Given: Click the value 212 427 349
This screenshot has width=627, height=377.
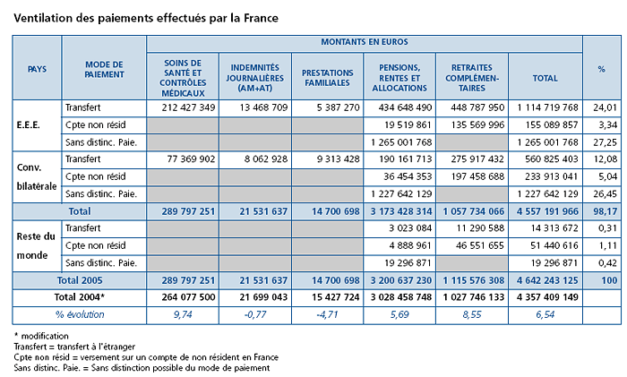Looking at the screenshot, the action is [x=188, y=107].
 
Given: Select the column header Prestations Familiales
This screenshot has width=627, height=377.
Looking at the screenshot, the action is [x=328, y=78].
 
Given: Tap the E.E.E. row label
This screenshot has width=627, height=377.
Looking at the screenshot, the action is [x=29, y=125].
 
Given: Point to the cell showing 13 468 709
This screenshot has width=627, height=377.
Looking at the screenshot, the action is [x=263, y=107].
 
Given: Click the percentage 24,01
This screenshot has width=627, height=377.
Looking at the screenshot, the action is [x=606, y=107].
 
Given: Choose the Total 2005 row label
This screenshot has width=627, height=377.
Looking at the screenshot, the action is [x=80, y=280].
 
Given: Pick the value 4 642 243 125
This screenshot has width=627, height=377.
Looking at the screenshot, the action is [x=547, y=280].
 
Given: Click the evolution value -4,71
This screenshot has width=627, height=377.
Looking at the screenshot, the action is [x=327, y=314].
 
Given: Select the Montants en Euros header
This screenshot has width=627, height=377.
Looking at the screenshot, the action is [x=365, y=42].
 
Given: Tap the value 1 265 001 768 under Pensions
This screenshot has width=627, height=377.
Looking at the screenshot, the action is [x=401, y=142].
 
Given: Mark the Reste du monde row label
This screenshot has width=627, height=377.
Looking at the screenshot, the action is [x=36, y=246].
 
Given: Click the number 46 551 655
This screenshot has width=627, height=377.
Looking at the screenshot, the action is [x=480, y=245].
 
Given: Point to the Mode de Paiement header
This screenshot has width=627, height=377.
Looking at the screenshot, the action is [x=105, y=70].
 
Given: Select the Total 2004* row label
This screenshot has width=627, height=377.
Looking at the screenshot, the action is [x=80, y=297].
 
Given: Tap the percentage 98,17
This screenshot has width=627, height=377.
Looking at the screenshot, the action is [x=606, y=211].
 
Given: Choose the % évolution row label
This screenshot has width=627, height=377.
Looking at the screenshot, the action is [x=80, y=314].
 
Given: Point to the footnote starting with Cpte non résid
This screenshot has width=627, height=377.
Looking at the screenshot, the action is [x=146, y=357].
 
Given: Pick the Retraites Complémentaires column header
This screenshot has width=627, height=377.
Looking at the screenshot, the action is [x=472, y=78].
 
